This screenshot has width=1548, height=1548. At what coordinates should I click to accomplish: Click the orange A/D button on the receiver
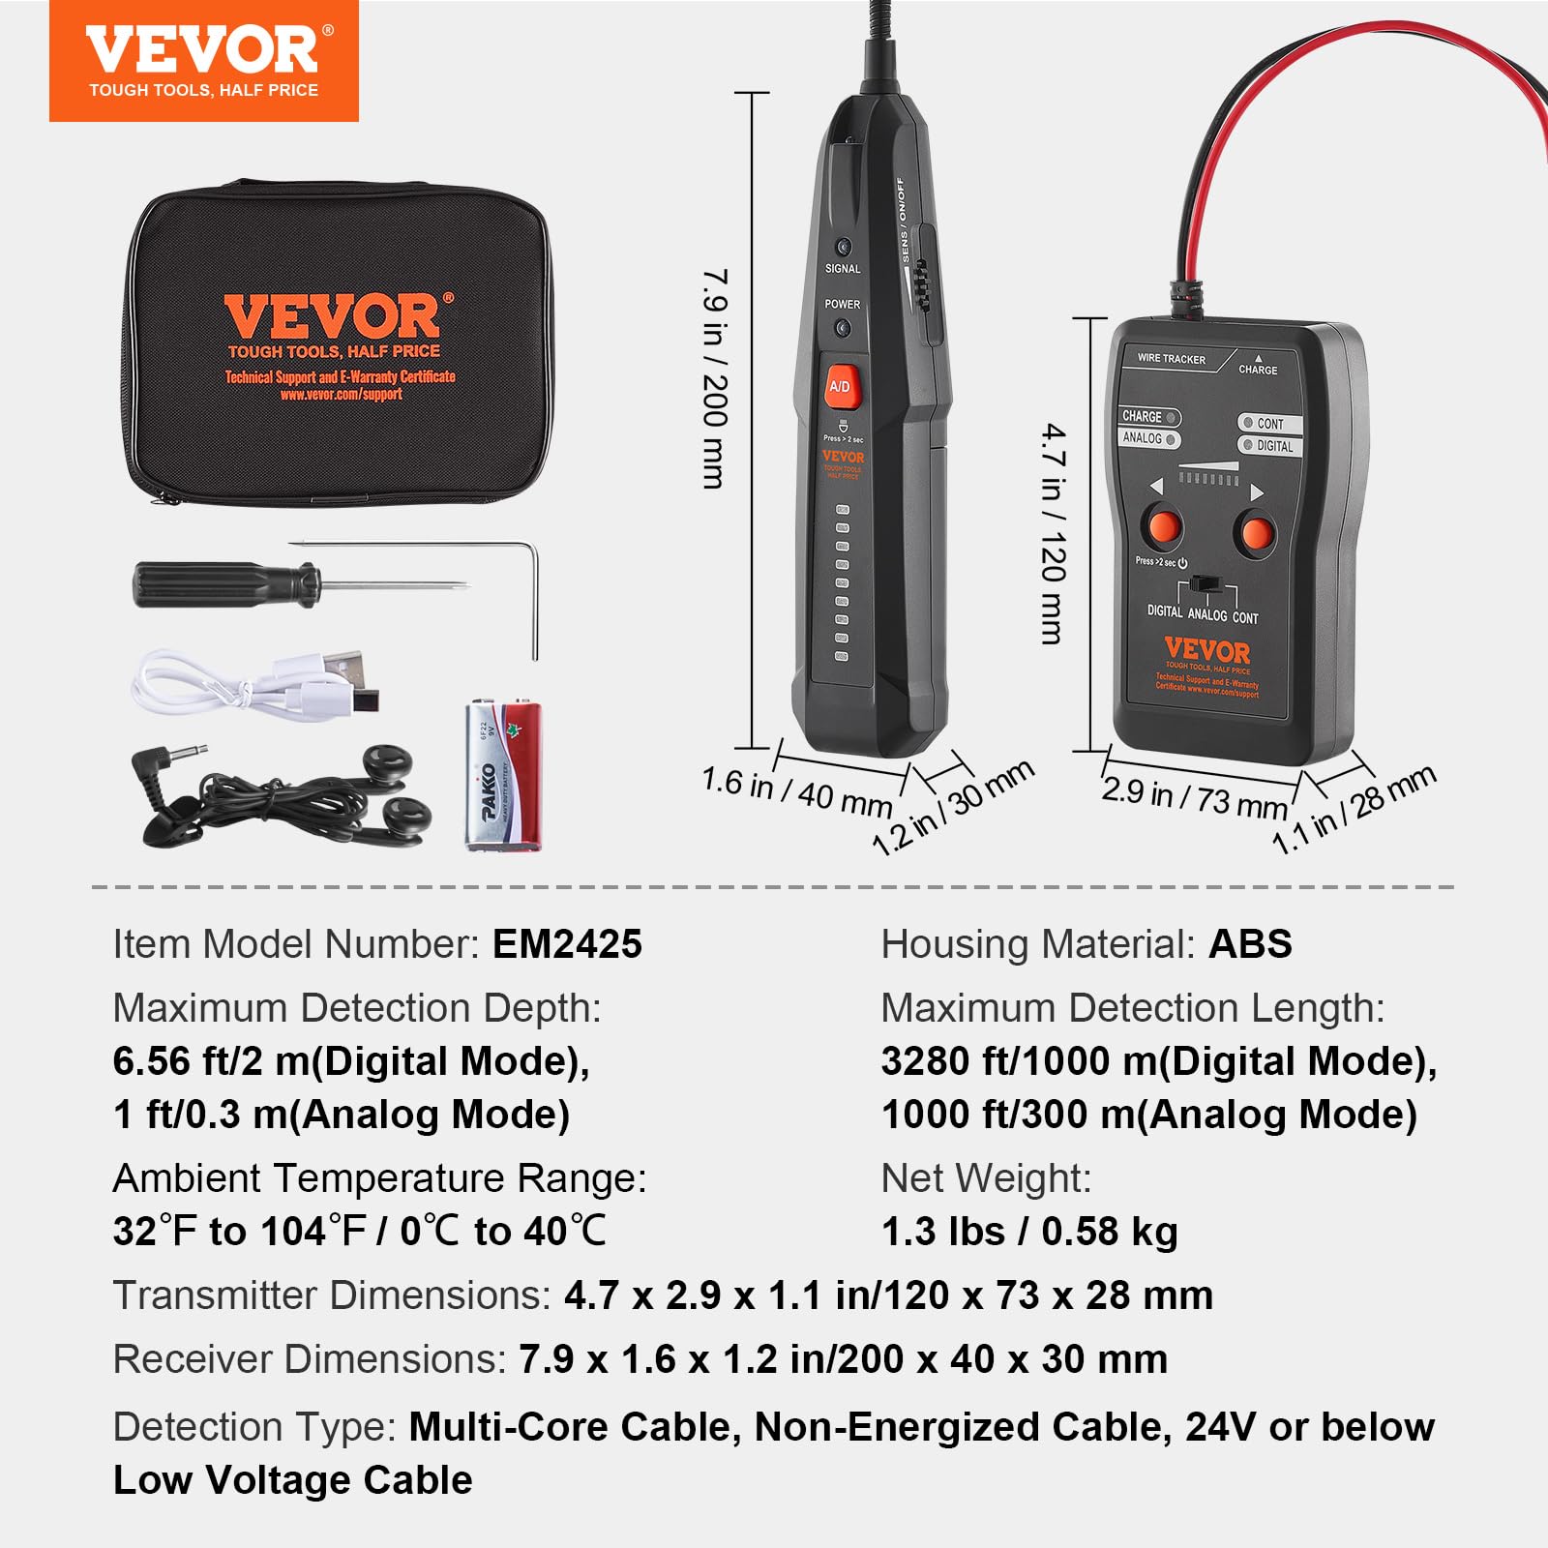click(x=840, y=387)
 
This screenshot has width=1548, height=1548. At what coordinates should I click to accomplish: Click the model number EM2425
click(x=567, y=944)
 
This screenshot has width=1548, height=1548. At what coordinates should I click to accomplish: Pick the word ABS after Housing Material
click(x=1250, y=944)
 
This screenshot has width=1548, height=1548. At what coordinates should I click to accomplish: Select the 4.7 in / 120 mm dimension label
click(x=1053, y=532)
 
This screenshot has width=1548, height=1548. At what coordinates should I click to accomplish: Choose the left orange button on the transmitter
click(x=1163, y=528)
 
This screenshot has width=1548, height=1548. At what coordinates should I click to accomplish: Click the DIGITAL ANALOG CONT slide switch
click(x=1204, y=584)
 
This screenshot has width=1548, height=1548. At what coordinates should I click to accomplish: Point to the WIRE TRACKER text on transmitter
click(x=1171, y=359)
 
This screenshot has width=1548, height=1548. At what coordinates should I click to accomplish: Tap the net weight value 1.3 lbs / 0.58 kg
click(x=1029, y=1232)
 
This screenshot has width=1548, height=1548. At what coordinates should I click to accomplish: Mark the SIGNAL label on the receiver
click(x=842, y=269)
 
